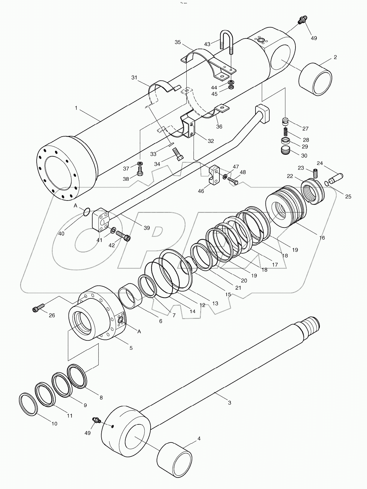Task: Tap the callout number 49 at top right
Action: (313, 38)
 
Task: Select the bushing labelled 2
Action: (315, 79)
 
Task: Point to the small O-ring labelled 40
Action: (86, 212)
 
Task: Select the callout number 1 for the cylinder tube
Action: (76, 108)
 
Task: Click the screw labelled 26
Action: (38, 308)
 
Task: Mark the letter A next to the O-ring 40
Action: (76, 205)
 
